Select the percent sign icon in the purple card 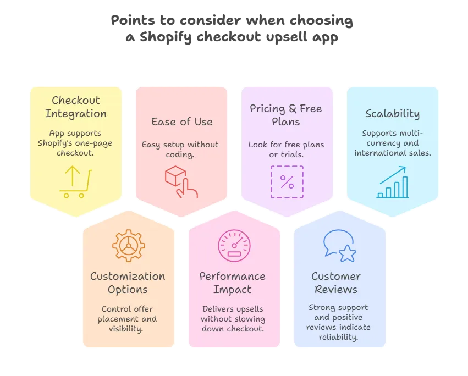[287, 182]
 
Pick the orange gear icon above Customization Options [128, 246]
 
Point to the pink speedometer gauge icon [234, 246]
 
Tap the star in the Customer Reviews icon [348, 254]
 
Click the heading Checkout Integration [75, 107]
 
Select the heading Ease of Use [181, 121]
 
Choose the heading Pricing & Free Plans [286, 114]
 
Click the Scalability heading [392, 114]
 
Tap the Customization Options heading [128, 283]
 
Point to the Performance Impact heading [232, 283]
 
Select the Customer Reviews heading [335, 283]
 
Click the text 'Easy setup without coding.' [180, 150]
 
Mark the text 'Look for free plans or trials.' [286, 150]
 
